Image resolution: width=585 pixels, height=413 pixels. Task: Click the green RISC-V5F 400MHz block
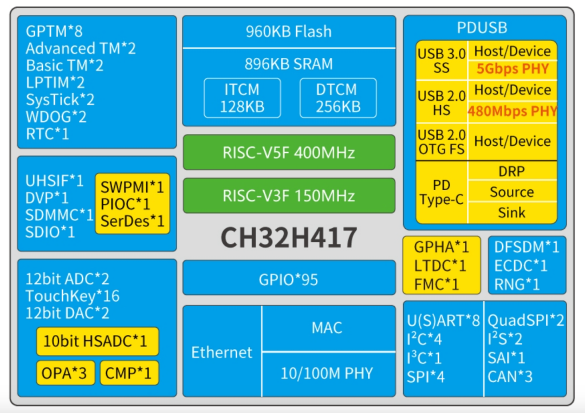(x=289, y=152)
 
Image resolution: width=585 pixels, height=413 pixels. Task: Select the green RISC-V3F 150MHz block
(x=289, y=196)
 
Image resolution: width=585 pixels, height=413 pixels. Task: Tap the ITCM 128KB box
(x=242, y=98)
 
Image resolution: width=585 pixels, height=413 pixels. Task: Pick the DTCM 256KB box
(x=337, y=98)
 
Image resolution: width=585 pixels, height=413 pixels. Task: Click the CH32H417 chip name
(x=289, y=237)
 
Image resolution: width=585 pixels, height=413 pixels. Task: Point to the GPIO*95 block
(x=289, y=280)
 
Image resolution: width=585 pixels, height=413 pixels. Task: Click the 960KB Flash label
(x=289, y=31)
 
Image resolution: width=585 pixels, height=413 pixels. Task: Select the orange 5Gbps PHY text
(x=512, y=69)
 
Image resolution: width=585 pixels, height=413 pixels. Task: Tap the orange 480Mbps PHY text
(x=512, y=111)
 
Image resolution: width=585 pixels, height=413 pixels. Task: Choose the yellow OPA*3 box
(x=64, y=373)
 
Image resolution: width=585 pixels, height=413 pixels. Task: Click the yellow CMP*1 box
(x=129, y=373)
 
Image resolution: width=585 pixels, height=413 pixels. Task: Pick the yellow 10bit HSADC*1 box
(x=97, y=341)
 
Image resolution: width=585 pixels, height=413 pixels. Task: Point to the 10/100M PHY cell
(x=327, y=373)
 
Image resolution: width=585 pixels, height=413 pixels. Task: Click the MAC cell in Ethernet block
(x=327, y=328)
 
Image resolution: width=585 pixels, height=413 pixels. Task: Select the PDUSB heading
(x=482, y=28)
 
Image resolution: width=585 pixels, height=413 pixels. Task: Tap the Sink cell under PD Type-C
(x=512, y=212)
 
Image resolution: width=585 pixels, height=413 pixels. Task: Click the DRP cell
(x=512, y=171)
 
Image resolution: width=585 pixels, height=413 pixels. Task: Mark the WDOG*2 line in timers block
(x=56, y=117)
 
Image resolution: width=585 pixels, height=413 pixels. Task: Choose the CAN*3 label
(x=510, y=376)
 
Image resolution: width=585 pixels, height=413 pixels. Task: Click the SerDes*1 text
(x=132, y=221)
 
